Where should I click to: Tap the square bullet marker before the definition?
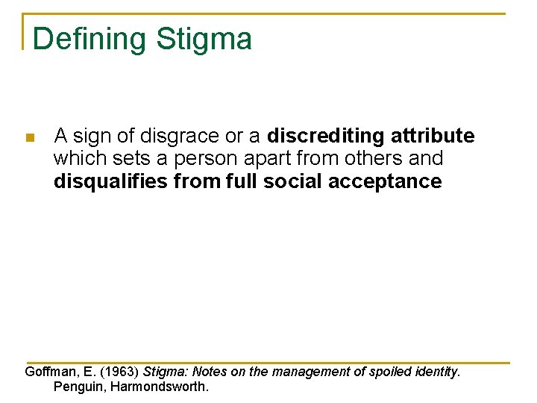[30, 138]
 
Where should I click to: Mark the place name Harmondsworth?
[159, 387]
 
